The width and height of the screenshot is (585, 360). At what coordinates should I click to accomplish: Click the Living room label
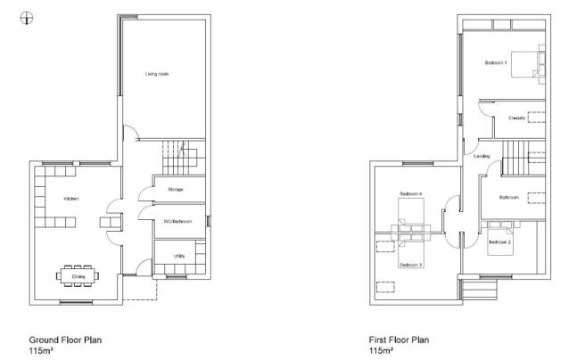pyautogui.click(x=157, y=74)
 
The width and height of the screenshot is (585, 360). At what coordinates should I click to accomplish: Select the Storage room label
pyautogui.click(x=175, y=190)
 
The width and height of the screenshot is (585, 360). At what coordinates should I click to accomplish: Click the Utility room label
pyautogui.click(x=179, y=258)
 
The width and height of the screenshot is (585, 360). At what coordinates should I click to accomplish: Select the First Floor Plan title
pyautogui.click(x=400, y=340)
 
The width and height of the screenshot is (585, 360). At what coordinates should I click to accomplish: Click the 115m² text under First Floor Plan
pyautogui.click(x=382, y=350)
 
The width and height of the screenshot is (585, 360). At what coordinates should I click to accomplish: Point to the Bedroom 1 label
pyautogui.click(x=496, y=63)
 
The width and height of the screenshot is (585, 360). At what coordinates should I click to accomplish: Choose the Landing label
pyautogui.click(x=482, y=157)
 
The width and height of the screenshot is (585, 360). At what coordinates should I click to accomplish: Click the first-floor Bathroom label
pyautogui.click(x=509, y=197)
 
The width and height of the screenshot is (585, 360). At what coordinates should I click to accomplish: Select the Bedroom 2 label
pyautogui.click(x=499, y=242)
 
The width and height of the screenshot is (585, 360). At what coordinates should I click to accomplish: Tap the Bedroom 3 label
pyautogui.click(x=410, y=266)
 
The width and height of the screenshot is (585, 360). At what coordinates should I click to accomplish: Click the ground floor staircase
pyautogui.click(x=177, y=160)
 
